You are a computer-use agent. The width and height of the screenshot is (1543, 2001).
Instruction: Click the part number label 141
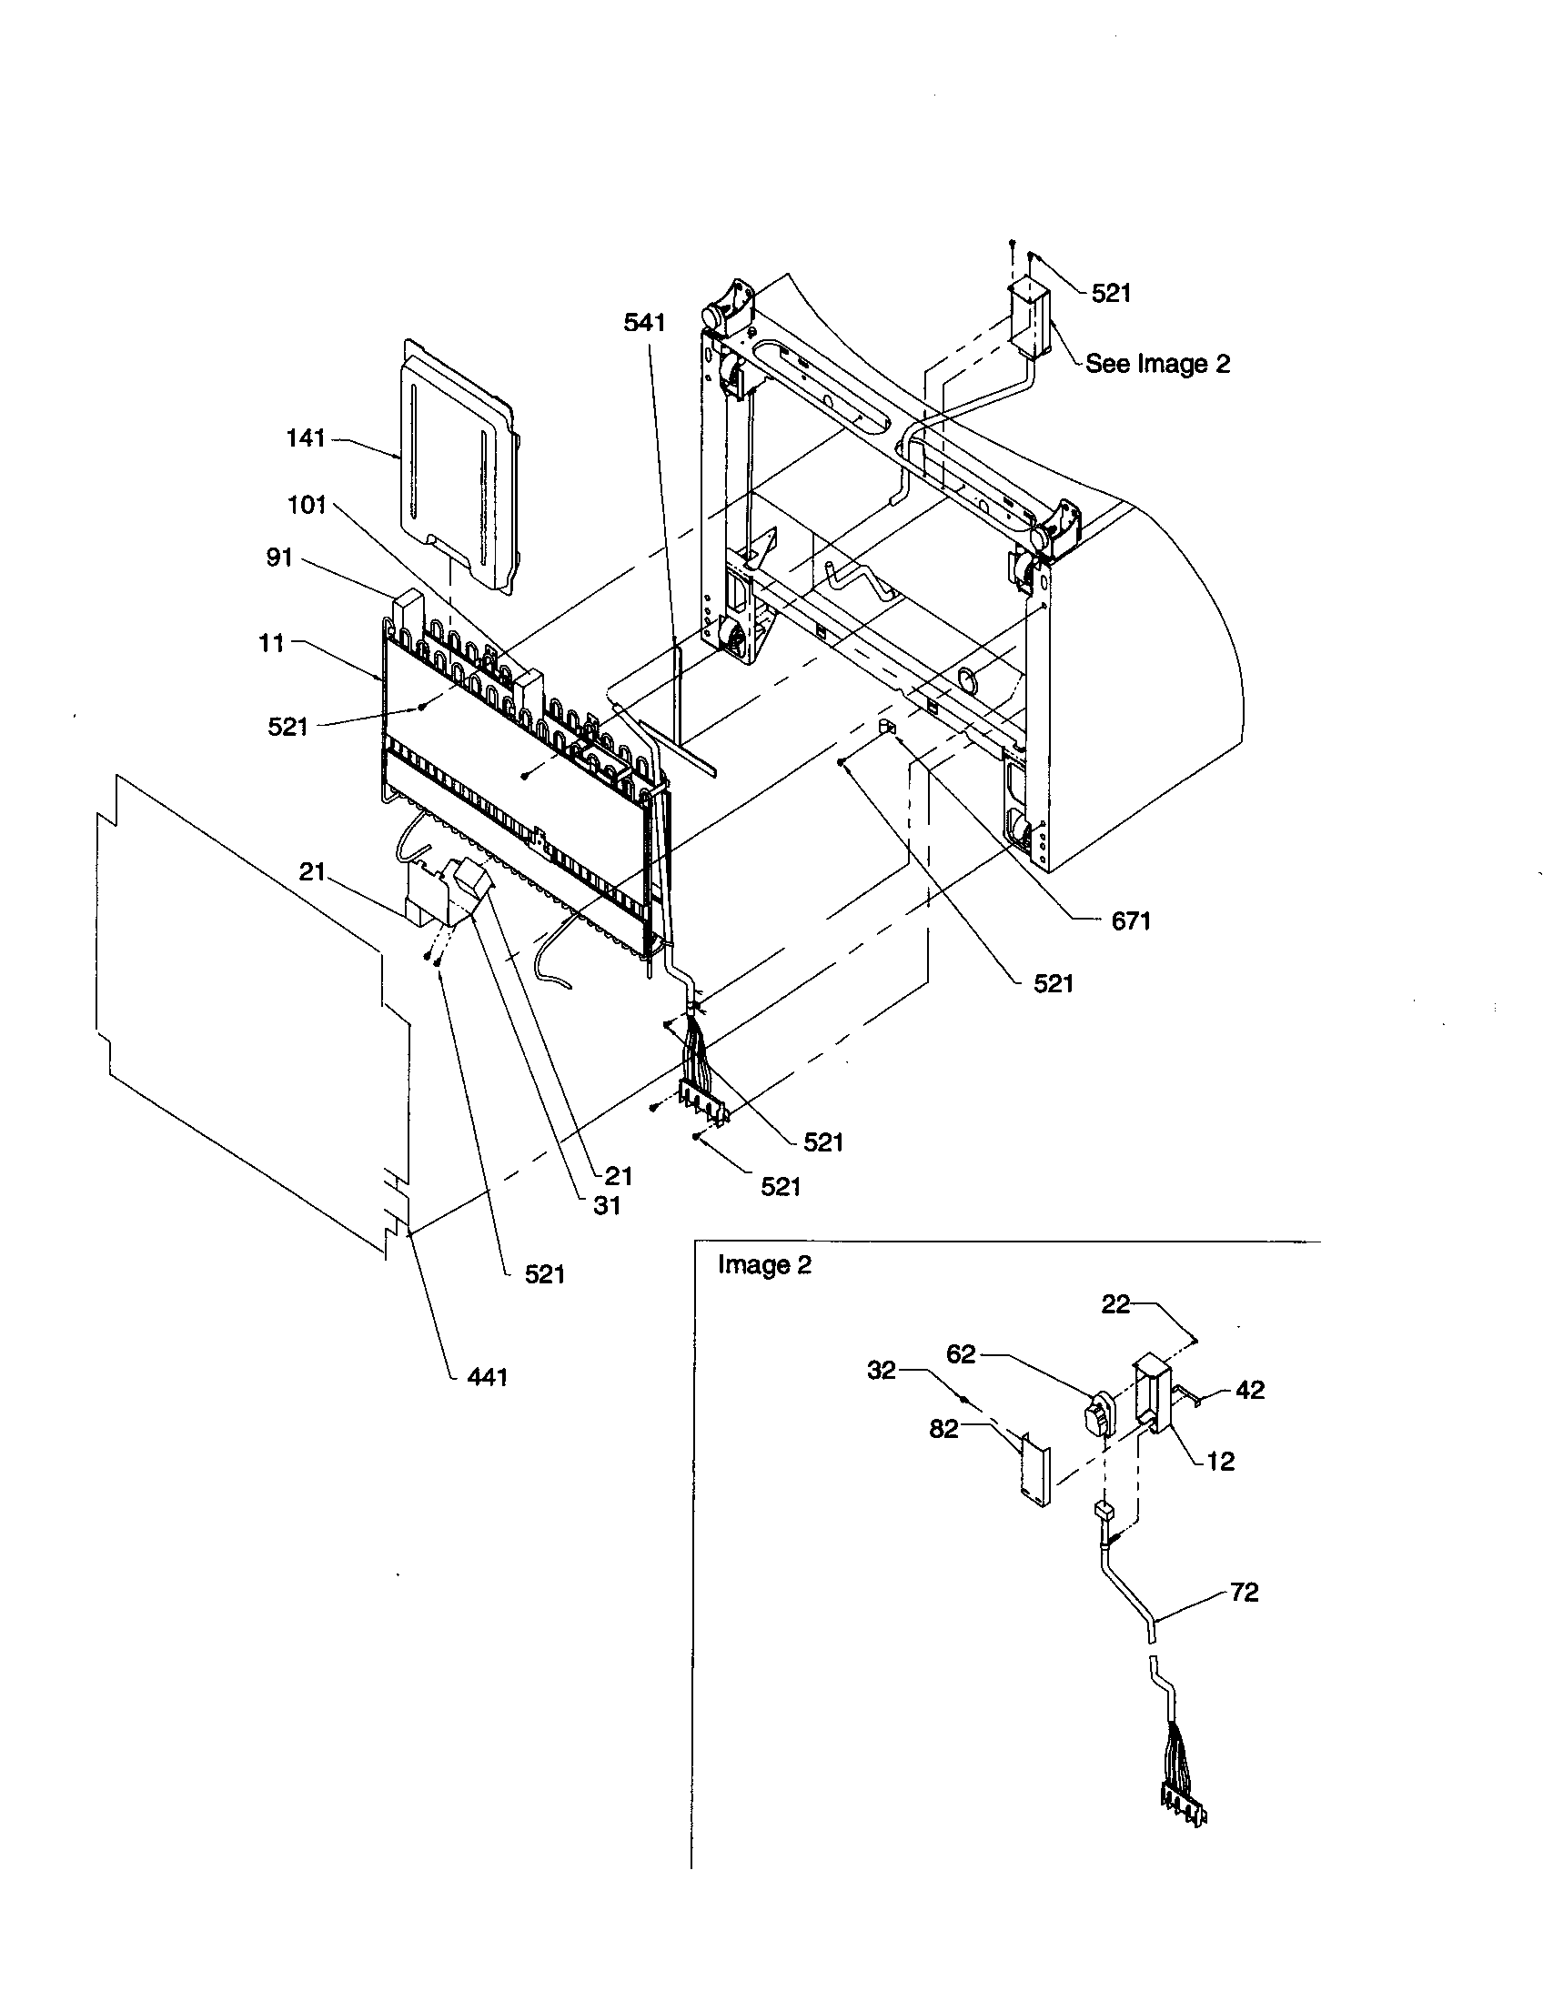pyautogui.click(x=306, y=439)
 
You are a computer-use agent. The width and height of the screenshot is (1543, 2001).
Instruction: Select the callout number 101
pyautogui.click(x=307, y=505)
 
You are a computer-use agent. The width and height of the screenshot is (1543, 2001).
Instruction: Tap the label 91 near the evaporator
pyautogui.click(x=279, y=557)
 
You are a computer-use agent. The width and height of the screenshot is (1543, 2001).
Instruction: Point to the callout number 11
pyautogui.click(x=271, y=643)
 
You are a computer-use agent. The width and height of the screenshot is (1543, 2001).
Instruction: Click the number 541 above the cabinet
pyautogui.click(x=645, y=323)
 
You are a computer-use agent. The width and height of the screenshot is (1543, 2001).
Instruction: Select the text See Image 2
pyautogui.click(x=1157, y=364)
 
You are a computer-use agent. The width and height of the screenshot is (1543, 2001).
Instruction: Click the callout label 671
pyautogui.click(x=1131, y=921)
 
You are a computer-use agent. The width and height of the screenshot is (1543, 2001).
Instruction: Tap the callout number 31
pyautogui.click(x=606, y=1207)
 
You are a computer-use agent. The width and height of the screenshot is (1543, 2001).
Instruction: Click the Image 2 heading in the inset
pyautogui.click(x=764, y=1265)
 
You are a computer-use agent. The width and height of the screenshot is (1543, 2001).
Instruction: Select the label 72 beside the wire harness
pyautogui.click(x=1245, y=1593)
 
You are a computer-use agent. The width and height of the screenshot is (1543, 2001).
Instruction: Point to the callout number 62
pyautogui.click(x=960, y=1354)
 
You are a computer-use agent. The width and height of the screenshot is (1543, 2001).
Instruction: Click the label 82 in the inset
pyautogui.click(x=943, y=1428)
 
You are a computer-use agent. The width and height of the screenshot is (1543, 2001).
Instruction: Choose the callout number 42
pyautogui.click(x=1250, y=1390)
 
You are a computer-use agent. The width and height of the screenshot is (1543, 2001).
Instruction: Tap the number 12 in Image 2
pyautogui.click(x=1220, y=1462)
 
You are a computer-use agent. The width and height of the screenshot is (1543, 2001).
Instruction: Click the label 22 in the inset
pyautogui.click(x=1115, y=1304)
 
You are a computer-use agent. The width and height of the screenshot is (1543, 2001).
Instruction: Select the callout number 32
pyautogui.click(x=881, y=1372)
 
